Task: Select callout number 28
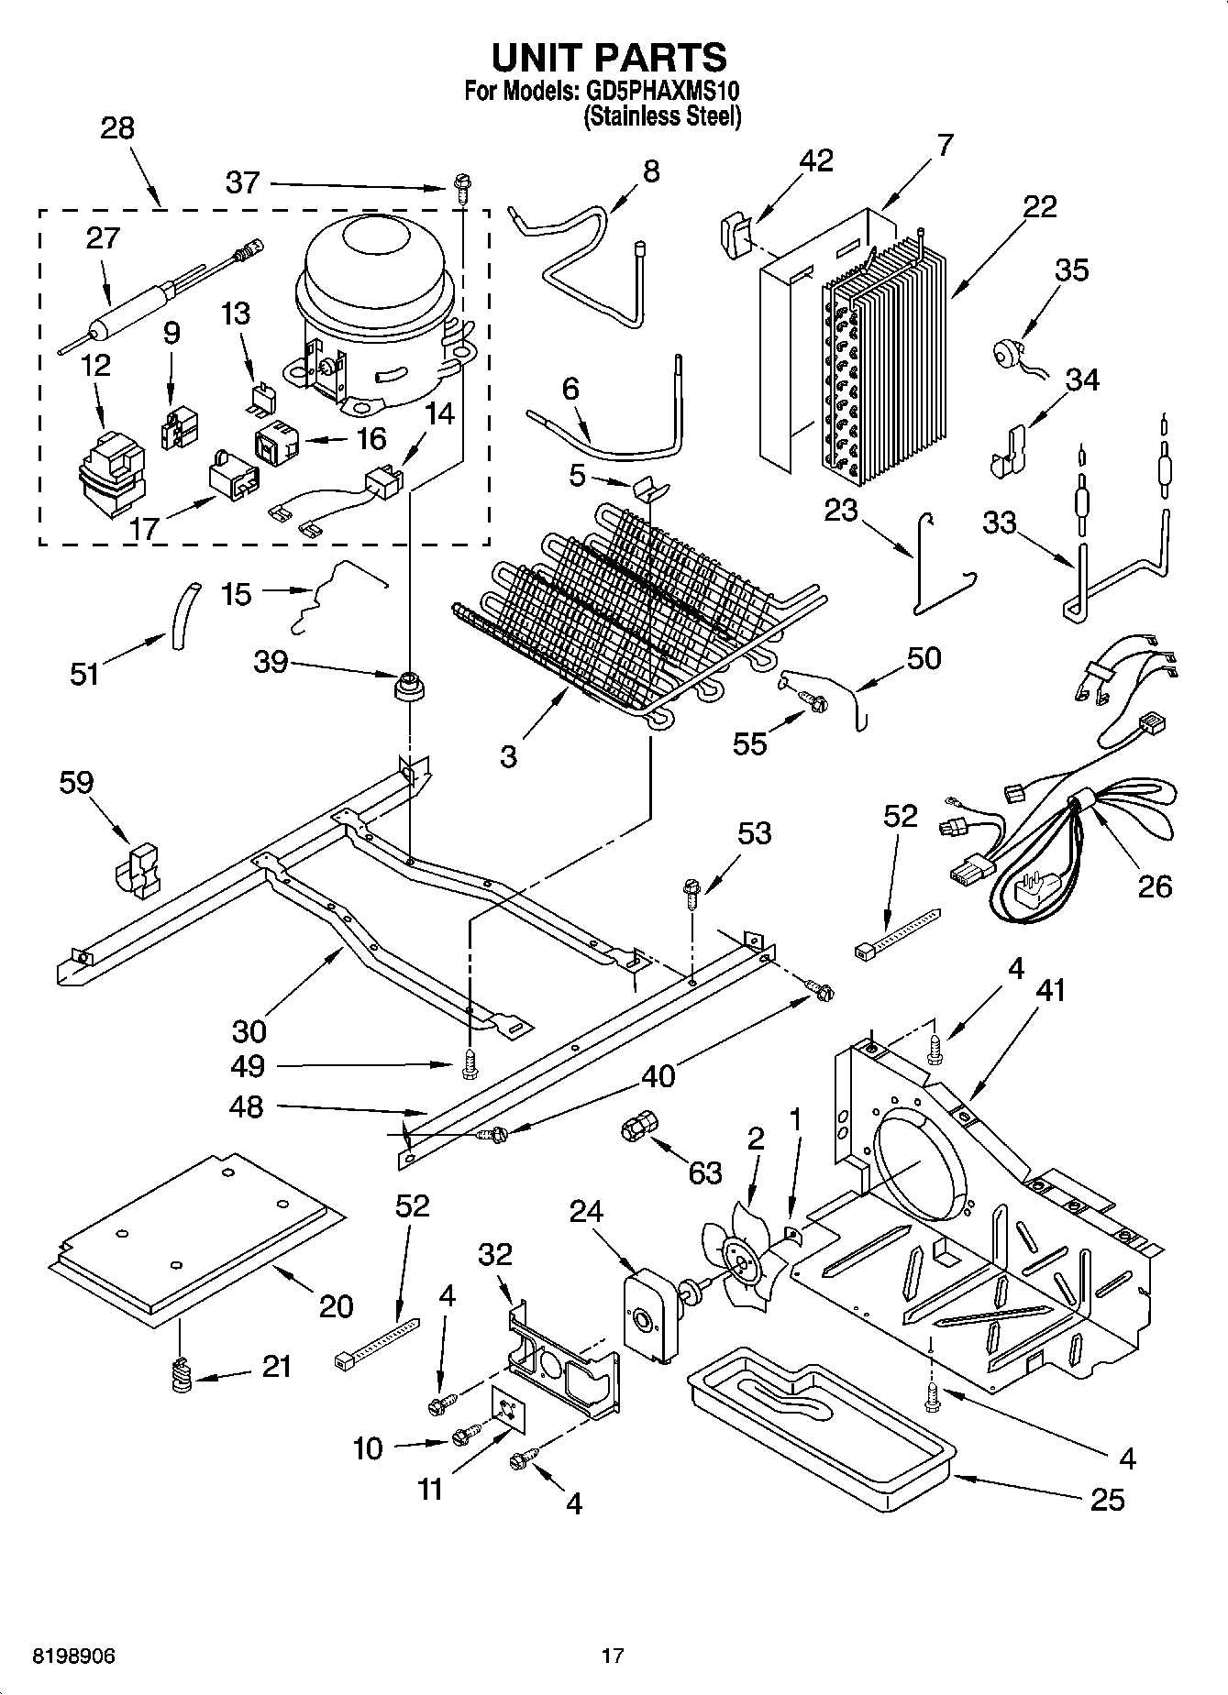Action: [117, 128]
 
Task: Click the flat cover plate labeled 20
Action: [197, 1238]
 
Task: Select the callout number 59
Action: [76, 782]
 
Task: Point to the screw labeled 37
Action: [460, 190]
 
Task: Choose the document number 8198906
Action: [73, 1656]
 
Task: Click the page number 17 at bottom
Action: [613, 1656]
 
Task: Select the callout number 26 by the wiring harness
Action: [1155, 886]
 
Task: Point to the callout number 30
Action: [249, 1030]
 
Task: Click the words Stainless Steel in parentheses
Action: [662, 116]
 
